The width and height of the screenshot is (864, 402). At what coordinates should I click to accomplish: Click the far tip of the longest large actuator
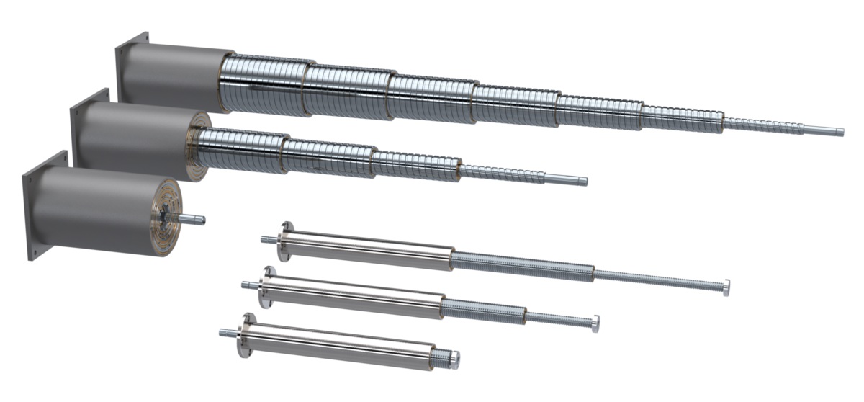838,132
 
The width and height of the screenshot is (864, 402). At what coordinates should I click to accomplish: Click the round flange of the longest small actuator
286,242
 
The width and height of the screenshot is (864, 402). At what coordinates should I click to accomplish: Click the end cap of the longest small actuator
726,285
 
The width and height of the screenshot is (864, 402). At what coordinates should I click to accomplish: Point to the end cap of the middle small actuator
595,323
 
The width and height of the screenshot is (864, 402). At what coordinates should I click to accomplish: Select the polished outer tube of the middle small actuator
353,299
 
